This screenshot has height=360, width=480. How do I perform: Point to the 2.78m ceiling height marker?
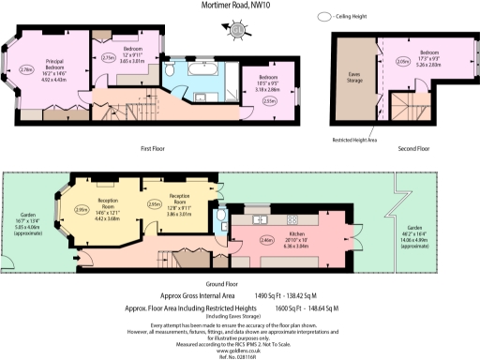pos(28,68)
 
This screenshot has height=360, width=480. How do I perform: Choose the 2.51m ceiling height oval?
pos(269,101)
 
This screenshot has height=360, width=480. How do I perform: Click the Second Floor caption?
pos(414,148)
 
